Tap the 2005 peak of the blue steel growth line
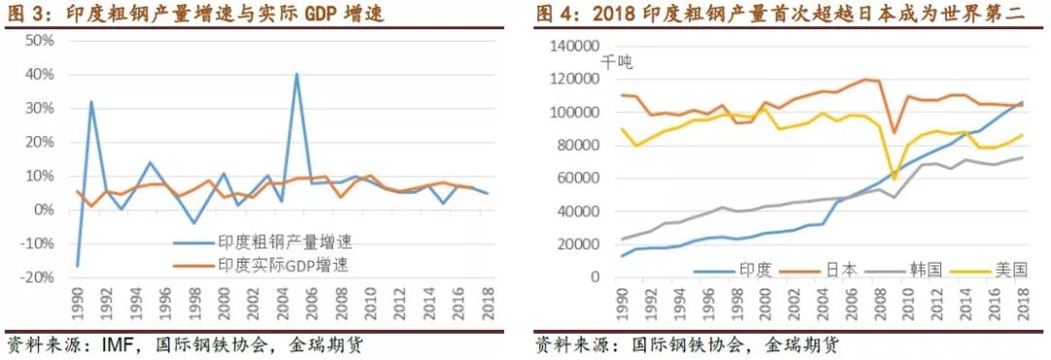tap(297, 74)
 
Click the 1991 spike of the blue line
tap(91, 101)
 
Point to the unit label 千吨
tap(616, 63)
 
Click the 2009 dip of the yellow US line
tap(894, 177)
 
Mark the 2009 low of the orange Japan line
tap(894, 132)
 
